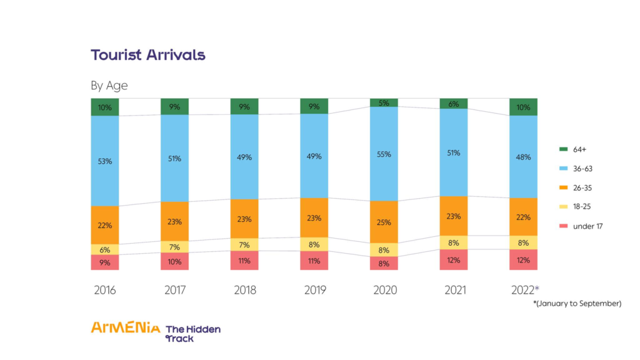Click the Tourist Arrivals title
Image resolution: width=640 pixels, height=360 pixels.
coord(148,55)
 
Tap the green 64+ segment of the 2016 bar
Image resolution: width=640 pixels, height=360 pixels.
coord(104,107)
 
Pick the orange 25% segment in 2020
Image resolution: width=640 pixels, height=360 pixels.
coord(384,222)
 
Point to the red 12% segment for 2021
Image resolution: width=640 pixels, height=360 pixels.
coord(454,259)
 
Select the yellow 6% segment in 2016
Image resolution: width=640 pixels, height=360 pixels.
coord(104,249)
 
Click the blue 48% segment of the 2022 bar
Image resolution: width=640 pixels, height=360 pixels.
coord(523,157)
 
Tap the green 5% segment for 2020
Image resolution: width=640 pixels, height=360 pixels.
coord(384,102)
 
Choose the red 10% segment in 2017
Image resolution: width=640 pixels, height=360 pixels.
coord(174,261)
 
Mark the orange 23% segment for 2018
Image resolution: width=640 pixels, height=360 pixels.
coord(244,219)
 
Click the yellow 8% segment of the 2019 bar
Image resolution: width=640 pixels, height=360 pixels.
coord(314,244)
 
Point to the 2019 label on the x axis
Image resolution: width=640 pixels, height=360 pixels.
coord(314,290)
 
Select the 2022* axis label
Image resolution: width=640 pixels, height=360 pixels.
coord(524,290)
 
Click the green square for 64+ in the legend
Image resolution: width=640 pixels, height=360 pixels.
coord(562,149)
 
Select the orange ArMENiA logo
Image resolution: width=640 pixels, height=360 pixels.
coord(125,327)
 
